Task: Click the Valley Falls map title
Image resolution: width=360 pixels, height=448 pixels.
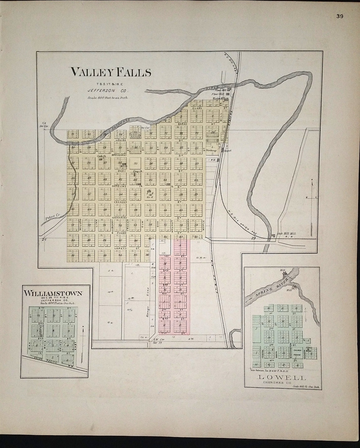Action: (111, 72)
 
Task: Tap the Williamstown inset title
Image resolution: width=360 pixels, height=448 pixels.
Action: (53, 294)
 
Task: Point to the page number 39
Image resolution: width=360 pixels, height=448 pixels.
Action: (340, 17)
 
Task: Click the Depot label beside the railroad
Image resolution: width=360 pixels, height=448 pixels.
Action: (227, 150)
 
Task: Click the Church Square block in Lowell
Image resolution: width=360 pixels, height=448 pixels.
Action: (297, 352)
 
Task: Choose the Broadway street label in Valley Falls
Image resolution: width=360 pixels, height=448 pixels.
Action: (121, 155)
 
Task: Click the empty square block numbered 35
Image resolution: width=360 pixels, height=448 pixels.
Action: (136, 163)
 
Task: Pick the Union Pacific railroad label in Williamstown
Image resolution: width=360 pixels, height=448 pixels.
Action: (51, 361)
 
